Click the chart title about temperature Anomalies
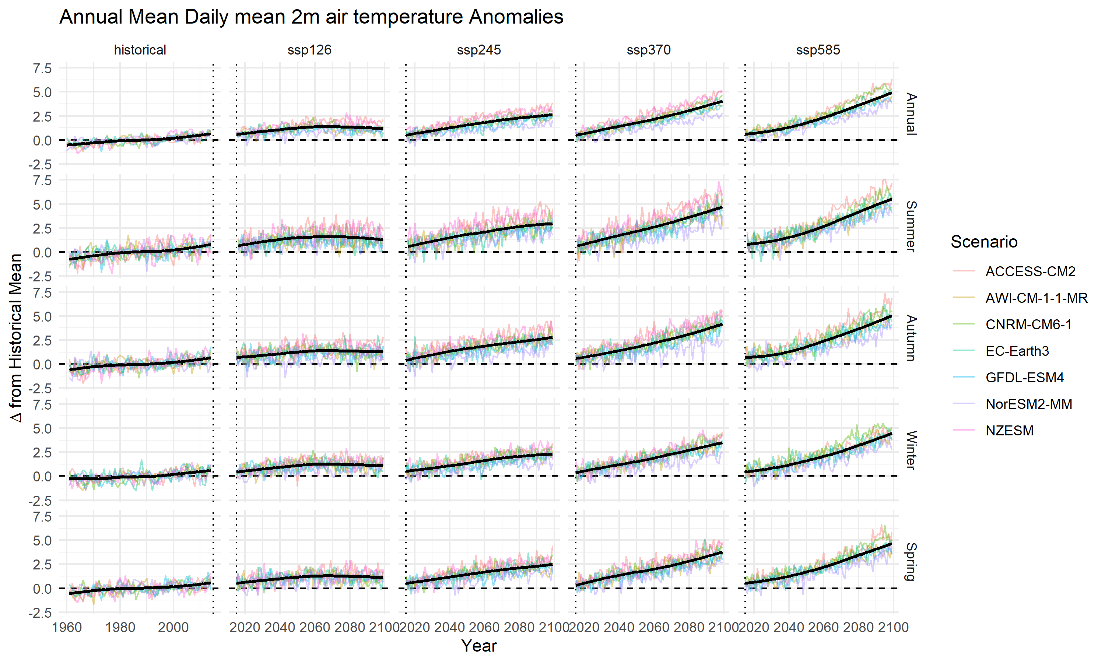click(x=311, y=17)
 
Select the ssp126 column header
click(x=309, y=50)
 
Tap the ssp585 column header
click(x=818, y=50)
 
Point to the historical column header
click(x=140, y=50)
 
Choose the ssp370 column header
click(x=649, y=50)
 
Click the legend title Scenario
click(x=984, y=242)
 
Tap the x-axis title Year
click(x=479, y=646)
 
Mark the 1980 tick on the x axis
click(x=120, y=627)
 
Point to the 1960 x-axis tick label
click(x=67, y=627)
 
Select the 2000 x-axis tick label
click(x=173, y=627)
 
